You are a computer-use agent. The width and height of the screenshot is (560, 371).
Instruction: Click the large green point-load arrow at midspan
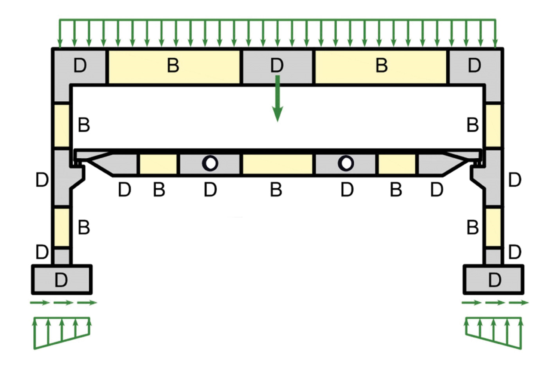tap(277, 100)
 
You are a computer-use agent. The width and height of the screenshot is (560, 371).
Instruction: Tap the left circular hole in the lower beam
tap(210, 163)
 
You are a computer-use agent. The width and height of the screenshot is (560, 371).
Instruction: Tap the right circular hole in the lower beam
tap(346, 163)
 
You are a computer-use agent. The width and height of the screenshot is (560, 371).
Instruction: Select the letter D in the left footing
tap(61, 280)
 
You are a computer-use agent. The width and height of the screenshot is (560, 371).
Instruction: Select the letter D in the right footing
tap(495, 280)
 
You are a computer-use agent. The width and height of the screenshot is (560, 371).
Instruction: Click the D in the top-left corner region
tap(80, 65)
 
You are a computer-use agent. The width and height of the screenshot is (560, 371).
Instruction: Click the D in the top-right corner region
tap(474, 65)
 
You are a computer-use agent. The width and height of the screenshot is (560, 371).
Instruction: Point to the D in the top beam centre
tap(277, 65)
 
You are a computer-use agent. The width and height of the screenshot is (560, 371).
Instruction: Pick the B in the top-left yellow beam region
tap(173, 65)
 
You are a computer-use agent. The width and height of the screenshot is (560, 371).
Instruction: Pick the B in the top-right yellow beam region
tap(382, 65)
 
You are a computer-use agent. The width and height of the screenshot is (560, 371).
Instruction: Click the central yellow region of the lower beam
tap(277, 164)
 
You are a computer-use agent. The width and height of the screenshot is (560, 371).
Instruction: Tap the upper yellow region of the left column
tap(62, 125)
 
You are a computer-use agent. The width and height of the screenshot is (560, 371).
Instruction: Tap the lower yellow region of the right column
tap(493, 227)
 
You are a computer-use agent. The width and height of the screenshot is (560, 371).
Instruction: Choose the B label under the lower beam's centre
tap(276, 190)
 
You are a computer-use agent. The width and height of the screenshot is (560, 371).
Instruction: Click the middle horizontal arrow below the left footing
tap(63, 302)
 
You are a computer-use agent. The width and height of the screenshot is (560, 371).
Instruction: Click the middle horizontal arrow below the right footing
tap(495, 302)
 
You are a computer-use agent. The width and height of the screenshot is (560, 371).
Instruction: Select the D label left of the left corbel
tap(42, 180)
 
